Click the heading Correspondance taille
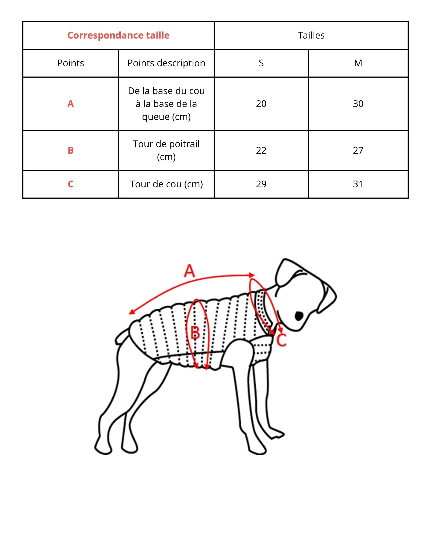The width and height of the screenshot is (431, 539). pyautogui.click(x=118, y=35)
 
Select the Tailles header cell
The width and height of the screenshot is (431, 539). pyautogui.click(x=311, y=35)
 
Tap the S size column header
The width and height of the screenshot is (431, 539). pyautogui.click(x=261, y=63)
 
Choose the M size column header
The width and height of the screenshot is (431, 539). pyautogui.click(x=358, y=63)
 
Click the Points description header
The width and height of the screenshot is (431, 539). pyautogui.click(x=166, y=63)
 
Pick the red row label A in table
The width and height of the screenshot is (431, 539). pyautogui.click(x=71, y=104)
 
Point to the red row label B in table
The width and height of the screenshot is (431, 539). pyautogui.click(x=71, y=150)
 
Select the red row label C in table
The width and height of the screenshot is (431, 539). pyautogui.click(x=71, y=184)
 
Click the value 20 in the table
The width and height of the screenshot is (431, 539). pyautogui.click(x=261, y=104)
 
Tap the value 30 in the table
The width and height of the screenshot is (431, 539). pyautogui.click(x=358, y=104)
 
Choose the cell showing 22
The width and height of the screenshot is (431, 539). pyautogui.click(x=261, y=150)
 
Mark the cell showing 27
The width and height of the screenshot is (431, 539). pyautogui.click(x=358, y=150)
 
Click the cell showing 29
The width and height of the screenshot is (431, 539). pyautogui.click(x=261, y=184)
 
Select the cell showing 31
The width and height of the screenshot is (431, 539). pyautogui.click(x=358, y=184)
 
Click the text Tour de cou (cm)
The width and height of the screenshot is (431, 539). pyautogui.click(x=166, y=184)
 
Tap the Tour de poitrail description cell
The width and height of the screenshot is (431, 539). pyautogui.click(x=166, y=150)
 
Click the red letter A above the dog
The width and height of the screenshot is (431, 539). pyautogui.click(x=189, y=271)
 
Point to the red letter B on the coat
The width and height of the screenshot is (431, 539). pyautogui.click(x=195, y=333)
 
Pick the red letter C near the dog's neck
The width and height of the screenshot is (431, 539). pyautogui.click(x=281, y=340)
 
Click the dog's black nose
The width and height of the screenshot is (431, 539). pyautogui.click(x=299, y=316)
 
